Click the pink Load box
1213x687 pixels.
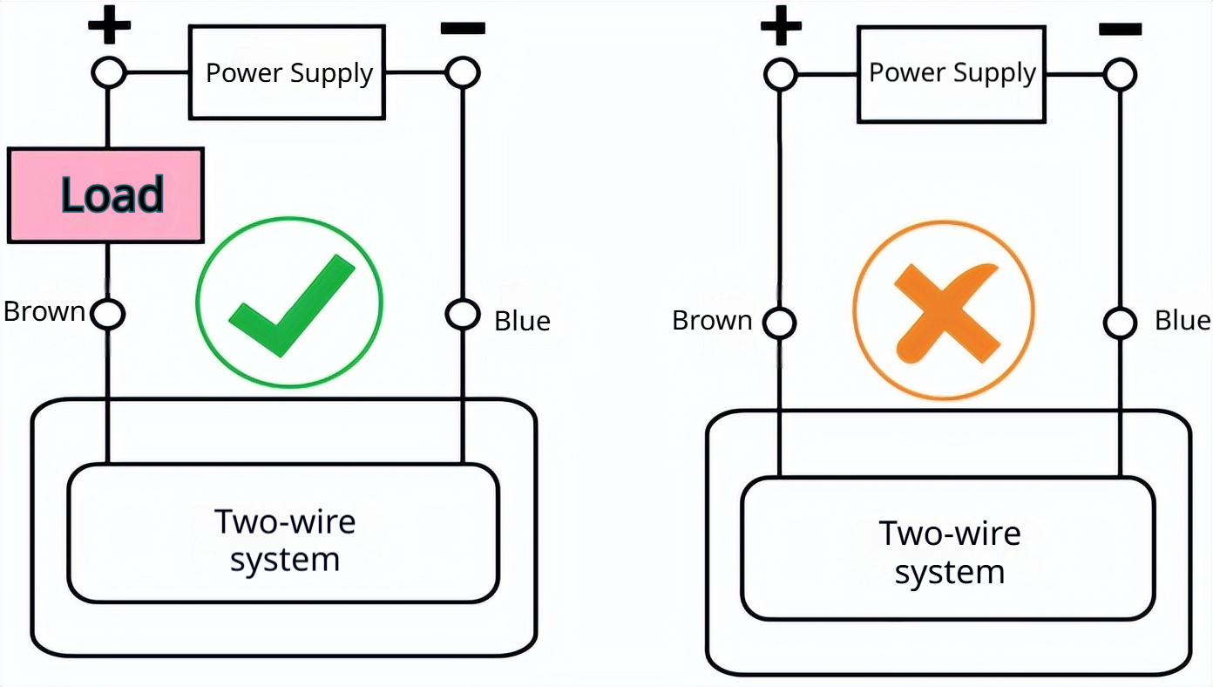[105, 195]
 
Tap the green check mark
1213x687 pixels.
[291, 304]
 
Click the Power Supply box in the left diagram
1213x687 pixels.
[288, 73]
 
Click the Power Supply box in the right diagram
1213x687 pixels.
[952, 73]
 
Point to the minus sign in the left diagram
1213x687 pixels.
[463, 28]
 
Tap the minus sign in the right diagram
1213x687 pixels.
[1120, 30]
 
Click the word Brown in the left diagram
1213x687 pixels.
[44, 312]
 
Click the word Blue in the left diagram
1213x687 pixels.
[522, 321]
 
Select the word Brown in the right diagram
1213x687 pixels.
[712, 321]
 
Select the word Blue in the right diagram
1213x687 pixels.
[1182, 321]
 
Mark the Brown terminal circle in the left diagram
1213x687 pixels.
[108, 314]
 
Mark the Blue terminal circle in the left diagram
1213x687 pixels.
[463, 314]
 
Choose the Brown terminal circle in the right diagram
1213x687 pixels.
[780, 323]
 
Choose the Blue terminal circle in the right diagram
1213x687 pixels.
[1120, 323]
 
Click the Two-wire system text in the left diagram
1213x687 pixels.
[284, 541]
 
